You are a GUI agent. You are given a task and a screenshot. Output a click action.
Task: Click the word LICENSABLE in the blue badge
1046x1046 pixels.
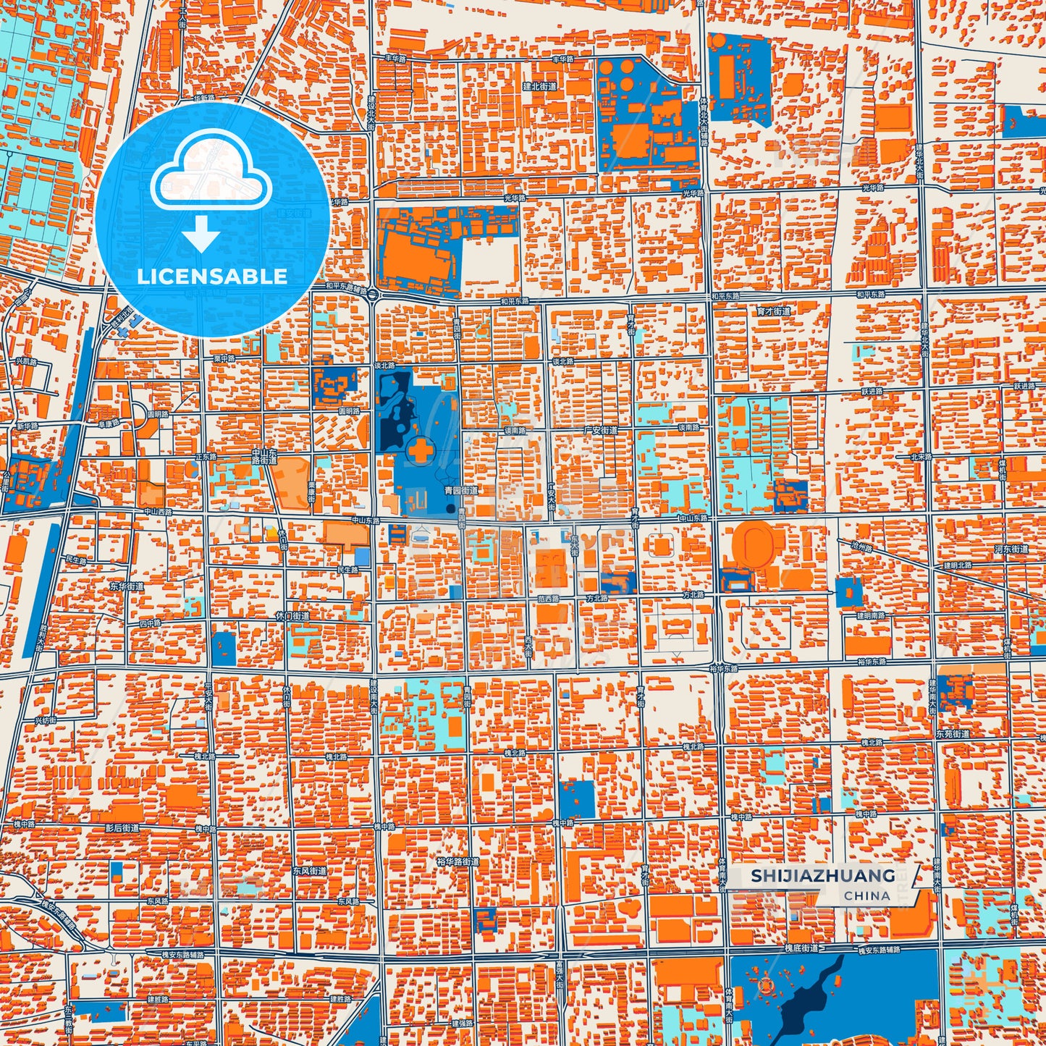212,277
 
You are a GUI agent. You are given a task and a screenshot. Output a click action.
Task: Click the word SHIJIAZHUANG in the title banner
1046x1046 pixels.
822,876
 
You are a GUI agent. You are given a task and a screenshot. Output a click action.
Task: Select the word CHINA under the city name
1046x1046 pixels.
866,895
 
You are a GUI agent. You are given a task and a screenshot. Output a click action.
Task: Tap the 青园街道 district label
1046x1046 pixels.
461,490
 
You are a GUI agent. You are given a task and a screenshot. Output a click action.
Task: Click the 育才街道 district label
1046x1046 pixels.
774,311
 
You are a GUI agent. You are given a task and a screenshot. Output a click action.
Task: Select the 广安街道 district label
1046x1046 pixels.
601,430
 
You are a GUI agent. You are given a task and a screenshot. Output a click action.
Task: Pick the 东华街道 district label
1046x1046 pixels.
127,586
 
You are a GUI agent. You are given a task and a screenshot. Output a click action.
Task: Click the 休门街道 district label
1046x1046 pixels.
292,616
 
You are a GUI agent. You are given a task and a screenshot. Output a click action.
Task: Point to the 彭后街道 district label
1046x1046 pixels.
122,827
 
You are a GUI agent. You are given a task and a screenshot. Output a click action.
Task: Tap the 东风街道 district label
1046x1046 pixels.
309,871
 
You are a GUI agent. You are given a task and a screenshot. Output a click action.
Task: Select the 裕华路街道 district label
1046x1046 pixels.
458,862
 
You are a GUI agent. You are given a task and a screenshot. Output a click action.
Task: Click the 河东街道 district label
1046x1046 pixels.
1011,549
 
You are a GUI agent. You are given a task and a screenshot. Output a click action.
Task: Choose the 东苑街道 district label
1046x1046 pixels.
953,734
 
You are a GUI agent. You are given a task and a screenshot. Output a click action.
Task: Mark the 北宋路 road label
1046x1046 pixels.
921,457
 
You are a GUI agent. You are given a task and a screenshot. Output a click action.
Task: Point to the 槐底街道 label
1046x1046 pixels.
801,948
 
